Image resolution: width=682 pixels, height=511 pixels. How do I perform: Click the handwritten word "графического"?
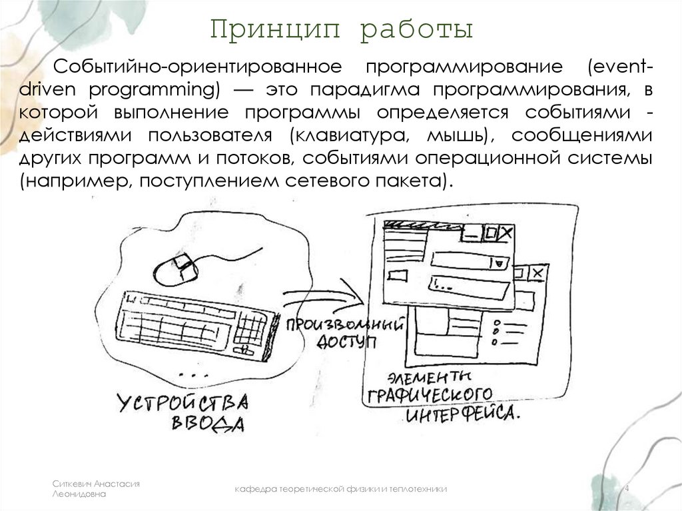(x=429, y=393)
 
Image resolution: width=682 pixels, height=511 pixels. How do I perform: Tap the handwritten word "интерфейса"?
(x=460, y=414)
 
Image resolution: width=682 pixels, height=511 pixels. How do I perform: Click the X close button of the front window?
(x=506, y=233)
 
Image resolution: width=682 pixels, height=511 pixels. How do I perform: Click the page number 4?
(x=626, y=489)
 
